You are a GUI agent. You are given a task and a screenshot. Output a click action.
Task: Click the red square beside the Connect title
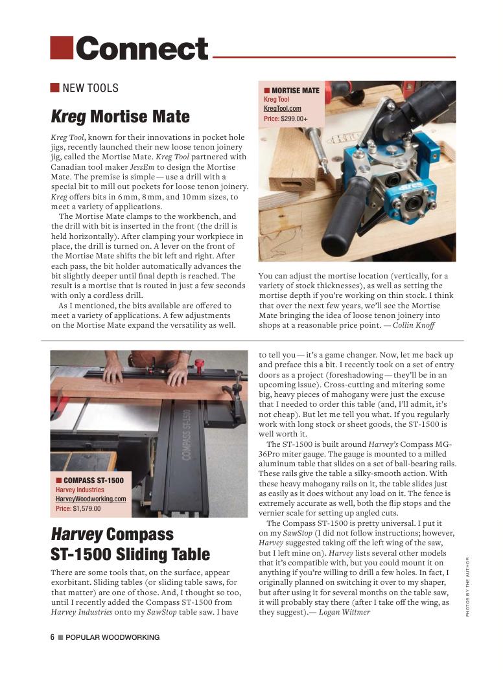(62, 47)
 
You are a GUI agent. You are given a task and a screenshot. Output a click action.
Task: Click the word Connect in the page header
(142, 49)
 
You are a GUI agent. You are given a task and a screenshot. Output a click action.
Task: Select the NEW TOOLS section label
(90, 88)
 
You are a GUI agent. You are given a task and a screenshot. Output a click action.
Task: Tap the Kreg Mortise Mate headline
(120, 117)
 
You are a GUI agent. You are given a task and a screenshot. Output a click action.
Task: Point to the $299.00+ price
(294, 119)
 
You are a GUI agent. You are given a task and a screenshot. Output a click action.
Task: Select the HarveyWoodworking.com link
(91, 499)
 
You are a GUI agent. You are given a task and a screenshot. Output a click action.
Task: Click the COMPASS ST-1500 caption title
(94, 481)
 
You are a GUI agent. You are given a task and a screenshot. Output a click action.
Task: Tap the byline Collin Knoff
(414, 325)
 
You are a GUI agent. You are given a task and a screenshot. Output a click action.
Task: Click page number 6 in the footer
(53, 637)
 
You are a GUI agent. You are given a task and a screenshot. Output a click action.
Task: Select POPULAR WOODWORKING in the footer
(112, 637)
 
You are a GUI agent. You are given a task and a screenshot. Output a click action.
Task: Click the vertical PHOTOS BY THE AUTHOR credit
(467, 586)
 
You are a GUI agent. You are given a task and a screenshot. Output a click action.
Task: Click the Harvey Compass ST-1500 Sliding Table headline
(130, 544)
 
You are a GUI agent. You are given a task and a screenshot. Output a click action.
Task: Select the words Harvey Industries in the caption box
(80, 490)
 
